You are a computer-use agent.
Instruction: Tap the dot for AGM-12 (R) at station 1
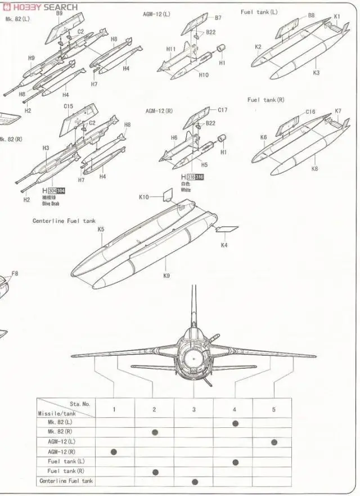pyautogui.click(x=115, y=452)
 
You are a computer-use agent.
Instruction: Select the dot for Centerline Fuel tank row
pyautogui.click(x=195, y=481)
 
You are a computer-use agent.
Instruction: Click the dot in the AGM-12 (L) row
pyautogui.click(x=274, y=442)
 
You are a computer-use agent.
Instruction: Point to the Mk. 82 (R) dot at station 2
pyautogui.click(x=155, y=432)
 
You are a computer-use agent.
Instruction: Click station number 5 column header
pyautogui.click(x=274, y=409)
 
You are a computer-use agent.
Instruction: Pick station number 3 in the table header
pyautogui.click(x=194, y=409)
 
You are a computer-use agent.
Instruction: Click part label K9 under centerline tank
pyautogui.click(x=166, y=275)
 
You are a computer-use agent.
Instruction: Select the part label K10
pyautogui.click(x=144, y=197)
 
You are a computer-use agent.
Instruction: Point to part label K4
pyautogui.click(x=224, y=245)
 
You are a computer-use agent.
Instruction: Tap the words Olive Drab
pyautogui.click(x=49, y=203)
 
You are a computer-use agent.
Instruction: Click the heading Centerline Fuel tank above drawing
pyautogui.click(x=64, y=221)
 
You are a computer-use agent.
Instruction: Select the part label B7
pyautogui.click(x=218, y=18)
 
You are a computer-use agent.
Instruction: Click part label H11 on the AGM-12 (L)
pyautogui.click(x=171, y=49)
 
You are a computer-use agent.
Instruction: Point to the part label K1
pyautogui.click(x=337, y=16)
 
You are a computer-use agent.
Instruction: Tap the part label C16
pyautogui.click(x=310, y=112)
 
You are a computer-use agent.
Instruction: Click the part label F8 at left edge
pyautogui.click(x=15, y=274)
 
